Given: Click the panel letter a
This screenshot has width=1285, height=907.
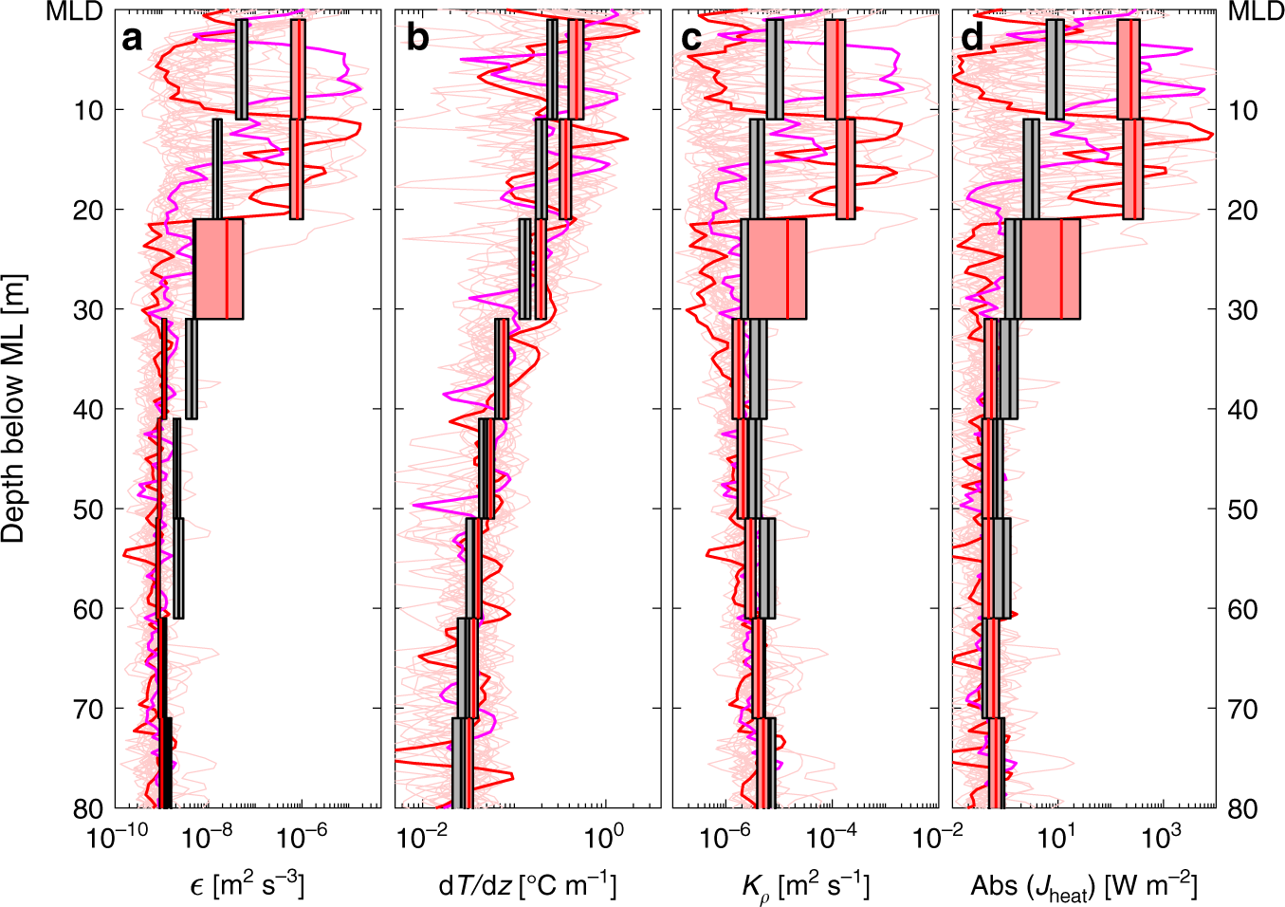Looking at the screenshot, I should [132, 39].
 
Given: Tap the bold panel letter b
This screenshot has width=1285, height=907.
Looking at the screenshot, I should [416, 39].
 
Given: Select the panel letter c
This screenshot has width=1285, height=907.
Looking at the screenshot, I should [692, 39].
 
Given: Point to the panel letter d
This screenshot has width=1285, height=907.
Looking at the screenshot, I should [972, 39].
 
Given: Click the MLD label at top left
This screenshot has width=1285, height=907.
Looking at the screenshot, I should [74, 12].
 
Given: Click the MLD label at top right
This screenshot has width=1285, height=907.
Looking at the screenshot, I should [1256, 12].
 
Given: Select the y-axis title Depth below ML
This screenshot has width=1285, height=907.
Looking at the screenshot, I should [13, 409].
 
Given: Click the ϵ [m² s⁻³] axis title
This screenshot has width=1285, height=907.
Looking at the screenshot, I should [247, 885].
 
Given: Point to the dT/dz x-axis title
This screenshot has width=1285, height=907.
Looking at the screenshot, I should [527, 885].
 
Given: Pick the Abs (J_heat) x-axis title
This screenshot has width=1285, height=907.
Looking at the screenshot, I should [1084, 886].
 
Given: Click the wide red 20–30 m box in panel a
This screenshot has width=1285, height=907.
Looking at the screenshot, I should [219, 268].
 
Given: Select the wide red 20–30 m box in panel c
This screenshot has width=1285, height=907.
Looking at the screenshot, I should [774, 268].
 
